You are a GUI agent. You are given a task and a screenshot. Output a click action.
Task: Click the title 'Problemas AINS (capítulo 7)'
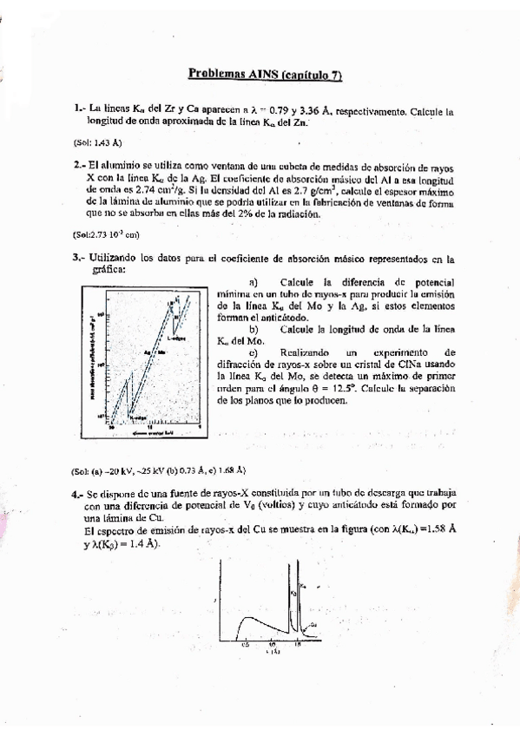pyautogui.click(x=265, y=76)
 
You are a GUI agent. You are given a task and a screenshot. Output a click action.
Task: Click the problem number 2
pyautogui.click(x=78, y=163)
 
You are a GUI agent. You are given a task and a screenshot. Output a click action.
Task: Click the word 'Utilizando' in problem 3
pyautogui.click(x=120, y=258)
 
